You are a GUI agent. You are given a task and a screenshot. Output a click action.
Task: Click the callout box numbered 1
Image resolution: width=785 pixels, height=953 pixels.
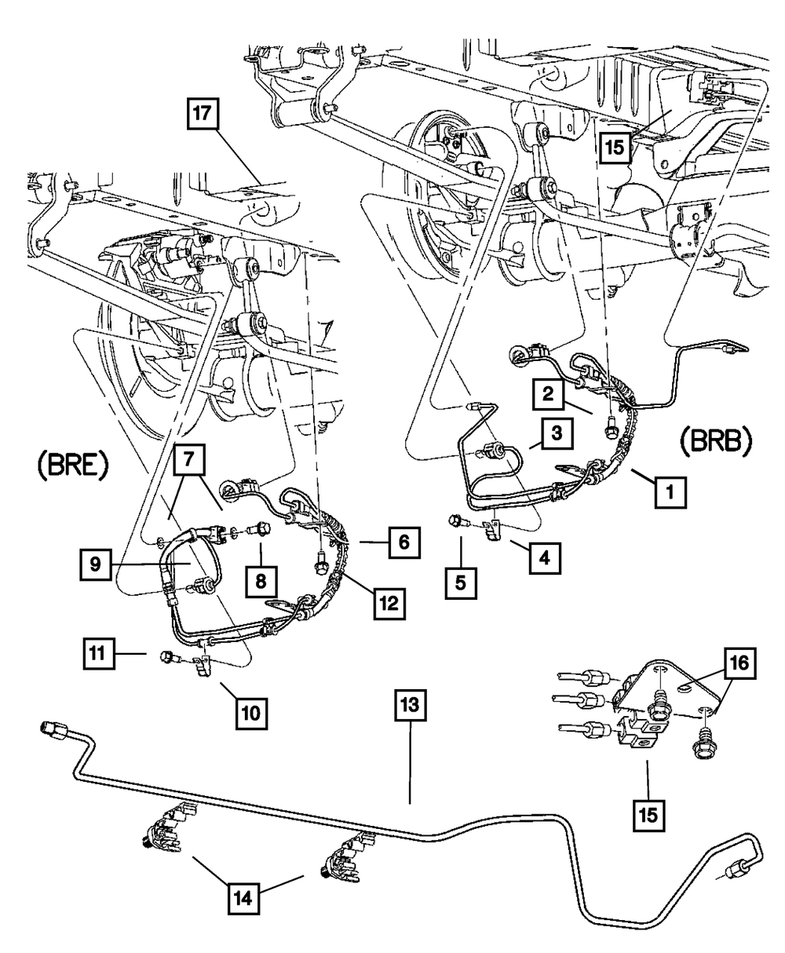point(668,493)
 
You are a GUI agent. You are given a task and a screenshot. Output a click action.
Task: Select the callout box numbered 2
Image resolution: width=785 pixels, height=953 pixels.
point(551,395)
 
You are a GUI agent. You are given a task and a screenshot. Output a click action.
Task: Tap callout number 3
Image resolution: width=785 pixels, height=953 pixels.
point(555,433)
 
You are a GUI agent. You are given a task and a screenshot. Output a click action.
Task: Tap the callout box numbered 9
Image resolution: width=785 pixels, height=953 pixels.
point(93,564)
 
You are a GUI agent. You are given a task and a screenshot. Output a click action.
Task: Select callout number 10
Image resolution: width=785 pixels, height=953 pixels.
point(250,714)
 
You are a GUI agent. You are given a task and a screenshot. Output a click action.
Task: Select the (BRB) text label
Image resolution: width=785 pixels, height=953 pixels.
point(714,441)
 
